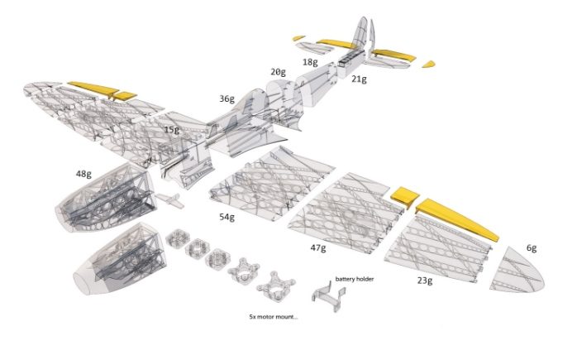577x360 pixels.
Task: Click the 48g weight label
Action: [x=83, y=174]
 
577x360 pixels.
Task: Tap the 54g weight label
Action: [x=227, y=217]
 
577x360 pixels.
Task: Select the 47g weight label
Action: [x=318, y=248]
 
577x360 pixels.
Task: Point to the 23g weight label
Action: [x=425, y=281]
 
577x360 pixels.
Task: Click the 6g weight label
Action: [x=532, y=248]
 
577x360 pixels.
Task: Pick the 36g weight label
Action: [x=227, y=99]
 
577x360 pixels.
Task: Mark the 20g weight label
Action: [x=279, y=72]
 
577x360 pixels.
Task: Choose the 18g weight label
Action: [x=310, y=62]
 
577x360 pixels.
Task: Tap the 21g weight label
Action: [x=359, y=79]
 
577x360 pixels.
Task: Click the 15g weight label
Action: [x=172, y=130]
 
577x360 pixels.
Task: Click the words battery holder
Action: [x=355, y=279]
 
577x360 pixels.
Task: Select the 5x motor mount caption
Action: [x=273, y=316]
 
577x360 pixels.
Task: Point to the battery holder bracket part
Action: [x=329, y=295]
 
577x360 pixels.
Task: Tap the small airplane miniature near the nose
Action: [x=169, y=200]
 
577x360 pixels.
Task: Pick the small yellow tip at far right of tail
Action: [x=428, y=64]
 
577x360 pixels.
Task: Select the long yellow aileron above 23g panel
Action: [x=457, y=220]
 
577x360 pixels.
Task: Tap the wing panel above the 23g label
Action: [x=438, y=249]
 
